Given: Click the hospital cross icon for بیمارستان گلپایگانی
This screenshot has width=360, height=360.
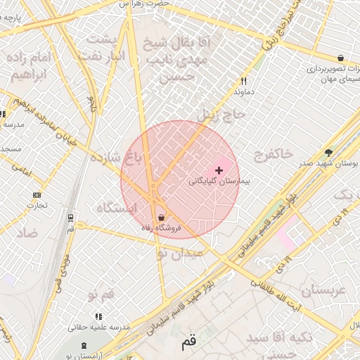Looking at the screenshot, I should tap(219, 170).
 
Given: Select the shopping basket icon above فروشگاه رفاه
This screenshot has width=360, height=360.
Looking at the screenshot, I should tap(162, 217).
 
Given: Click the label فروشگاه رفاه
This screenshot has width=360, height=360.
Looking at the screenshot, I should tap(162, 228).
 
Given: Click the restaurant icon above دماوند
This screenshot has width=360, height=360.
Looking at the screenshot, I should tap(243, 81).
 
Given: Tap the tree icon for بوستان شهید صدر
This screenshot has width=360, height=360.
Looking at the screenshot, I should tap(328, 153).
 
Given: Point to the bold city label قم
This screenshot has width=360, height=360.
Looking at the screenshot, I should tap(188, 343).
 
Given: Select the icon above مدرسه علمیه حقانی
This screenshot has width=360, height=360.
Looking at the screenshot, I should tap(98, 316).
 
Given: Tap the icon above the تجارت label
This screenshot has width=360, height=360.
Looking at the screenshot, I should tap(37, 195).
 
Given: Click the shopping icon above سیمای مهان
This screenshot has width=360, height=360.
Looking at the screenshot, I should tap(341, 58).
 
